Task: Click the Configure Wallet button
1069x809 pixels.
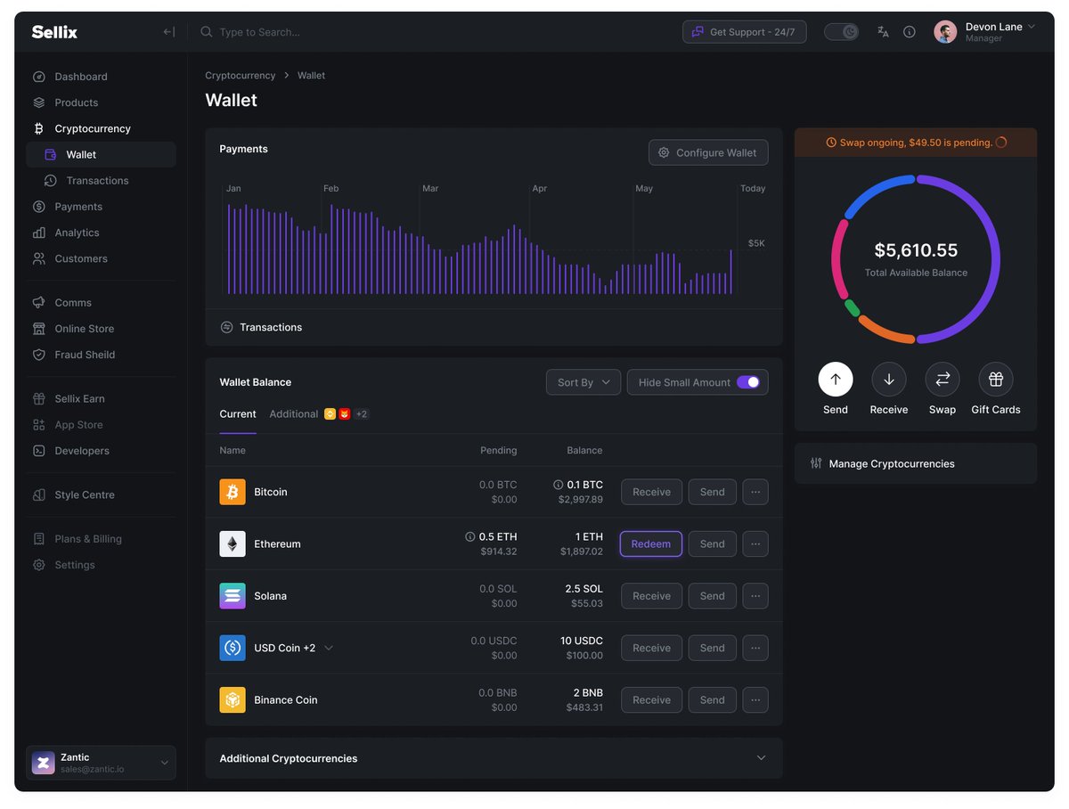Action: (708, 152)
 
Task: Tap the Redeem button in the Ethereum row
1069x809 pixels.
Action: (650, 543)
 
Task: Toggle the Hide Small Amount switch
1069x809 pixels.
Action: (747, 382)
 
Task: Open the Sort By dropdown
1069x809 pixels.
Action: (583, 382)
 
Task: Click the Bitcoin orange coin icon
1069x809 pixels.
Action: (233, 492)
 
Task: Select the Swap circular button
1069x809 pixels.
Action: (942, 379)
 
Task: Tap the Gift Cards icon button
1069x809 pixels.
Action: (995, 379)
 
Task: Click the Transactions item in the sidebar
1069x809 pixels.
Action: (97, 181)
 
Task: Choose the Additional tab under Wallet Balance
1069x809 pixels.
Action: (294, 414)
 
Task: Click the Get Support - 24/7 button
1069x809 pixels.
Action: (744, 32)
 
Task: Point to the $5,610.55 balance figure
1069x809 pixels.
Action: (916, 249)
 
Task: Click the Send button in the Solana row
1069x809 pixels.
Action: (712, 596)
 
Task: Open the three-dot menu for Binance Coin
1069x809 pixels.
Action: (755, 700)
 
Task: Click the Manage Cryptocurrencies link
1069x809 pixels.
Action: (891, 463)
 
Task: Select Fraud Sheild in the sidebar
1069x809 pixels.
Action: (85, 355)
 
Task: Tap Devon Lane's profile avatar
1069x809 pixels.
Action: (945, 32)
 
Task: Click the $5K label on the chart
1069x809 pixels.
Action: (755, 243)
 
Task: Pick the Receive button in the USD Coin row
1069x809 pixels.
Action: (651, 648)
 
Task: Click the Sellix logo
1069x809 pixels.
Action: (54, 32)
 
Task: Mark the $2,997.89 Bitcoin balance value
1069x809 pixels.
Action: (580, 499)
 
